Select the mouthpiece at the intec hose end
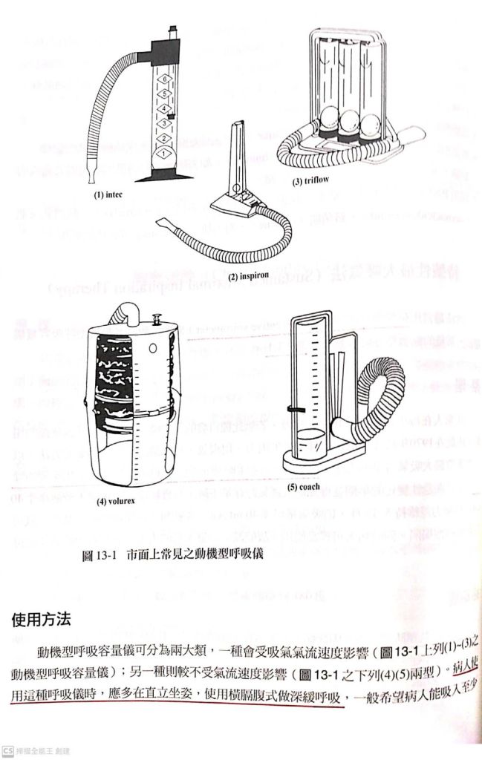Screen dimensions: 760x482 [x=90, y=176]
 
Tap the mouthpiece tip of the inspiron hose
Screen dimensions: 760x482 [x=163, y=223]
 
